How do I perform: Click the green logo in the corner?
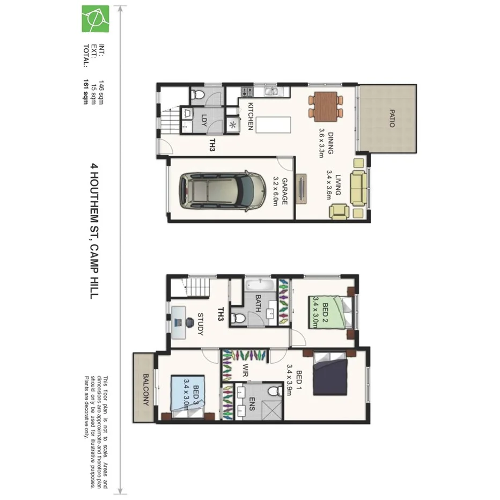95,19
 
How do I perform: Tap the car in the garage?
222,190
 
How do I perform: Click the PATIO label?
392,118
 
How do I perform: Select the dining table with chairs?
326,106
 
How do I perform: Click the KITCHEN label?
250,117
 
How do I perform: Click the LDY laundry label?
204,119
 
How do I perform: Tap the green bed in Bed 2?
327,312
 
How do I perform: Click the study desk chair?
190,322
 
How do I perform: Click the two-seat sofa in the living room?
358,188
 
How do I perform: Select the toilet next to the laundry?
198,95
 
